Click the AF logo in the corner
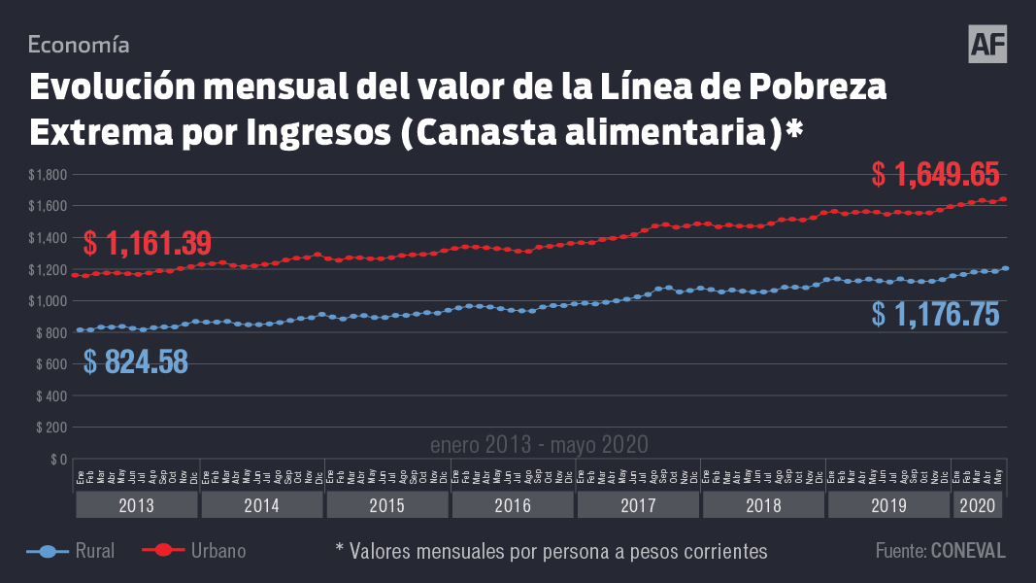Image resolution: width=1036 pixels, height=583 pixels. point(987,45)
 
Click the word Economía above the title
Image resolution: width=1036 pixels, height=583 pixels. point(79,44)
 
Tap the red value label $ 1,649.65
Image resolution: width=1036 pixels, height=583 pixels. point(935,175)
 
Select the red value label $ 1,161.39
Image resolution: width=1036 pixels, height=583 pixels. point(148,242)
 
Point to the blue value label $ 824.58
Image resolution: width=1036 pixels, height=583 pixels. point(136,361)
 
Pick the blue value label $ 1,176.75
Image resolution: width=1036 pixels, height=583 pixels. point(935,314)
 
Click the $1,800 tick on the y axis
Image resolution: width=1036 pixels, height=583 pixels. point(48,175)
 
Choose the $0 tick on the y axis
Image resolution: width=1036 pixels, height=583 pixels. point(57,459)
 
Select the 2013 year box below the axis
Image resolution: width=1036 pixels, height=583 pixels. point(136,506)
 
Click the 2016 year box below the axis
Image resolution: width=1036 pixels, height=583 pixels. point(513,506)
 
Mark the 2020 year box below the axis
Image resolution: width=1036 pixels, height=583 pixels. point(977,506)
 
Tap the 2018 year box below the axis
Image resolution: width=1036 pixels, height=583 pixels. point(763,506)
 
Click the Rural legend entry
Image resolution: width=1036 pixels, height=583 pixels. point(72,551)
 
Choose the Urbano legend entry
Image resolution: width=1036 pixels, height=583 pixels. point(194,551)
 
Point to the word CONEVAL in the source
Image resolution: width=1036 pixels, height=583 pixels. point(968,551)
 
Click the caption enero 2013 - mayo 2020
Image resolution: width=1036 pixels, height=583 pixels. point(539,445)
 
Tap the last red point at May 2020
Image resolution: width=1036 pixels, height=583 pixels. point(1004,199)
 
